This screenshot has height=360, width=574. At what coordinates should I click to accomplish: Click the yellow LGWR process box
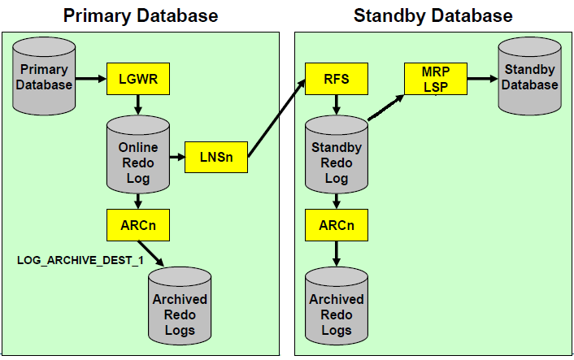pos(138,79)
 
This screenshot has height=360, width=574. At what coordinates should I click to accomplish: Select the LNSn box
pos(216,157)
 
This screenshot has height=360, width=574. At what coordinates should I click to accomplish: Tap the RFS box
pos(337,79)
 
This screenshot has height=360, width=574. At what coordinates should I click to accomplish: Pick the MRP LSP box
pos(436,79)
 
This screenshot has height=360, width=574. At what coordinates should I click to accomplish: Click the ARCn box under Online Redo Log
pos(138,225)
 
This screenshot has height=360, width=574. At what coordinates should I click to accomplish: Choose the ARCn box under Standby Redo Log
pos(337,225)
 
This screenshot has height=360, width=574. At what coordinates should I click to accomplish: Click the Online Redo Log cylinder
pos(138,154)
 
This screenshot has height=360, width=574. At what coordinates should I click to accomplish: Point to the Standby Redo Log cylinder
pos(337,154)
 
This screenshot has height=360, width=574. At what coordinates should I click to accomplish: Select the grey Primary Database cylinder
pos(44,76)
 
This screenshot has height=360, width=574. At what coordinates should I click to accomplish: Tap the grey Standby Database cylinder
pos(530,76)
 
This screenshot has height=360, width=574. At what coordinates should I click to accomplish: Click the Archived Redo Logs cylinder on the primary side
pos(180,306)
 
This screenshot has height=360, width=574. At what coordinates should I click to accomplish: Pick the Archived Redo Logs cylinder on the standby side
pos(337,306)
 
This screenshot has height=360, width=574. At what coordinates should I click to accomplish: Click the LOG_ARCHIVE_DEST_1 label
pos(80,260)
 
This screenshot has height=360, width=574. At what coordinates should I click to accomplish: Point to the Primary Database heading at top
pos(141,15)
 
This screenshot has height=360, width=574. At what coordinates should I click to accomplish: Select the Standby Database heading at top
pos(433,15)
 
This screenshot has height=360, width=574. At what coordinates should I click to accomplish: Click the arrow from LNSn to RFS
pos(276,118)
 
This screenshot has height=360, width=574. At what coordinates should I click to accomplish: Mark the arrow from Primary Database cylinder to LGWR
pos(91,79)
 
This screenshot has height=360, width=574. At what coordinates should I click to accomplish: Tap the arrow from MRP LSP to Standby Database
pos(482,79)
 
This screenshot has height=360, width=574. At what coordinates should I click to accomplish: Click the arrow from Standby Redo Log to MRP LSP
pos(386,107)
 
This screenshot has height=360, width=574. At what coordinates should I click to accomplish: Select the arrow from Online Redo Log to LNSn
pos(177,158)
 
